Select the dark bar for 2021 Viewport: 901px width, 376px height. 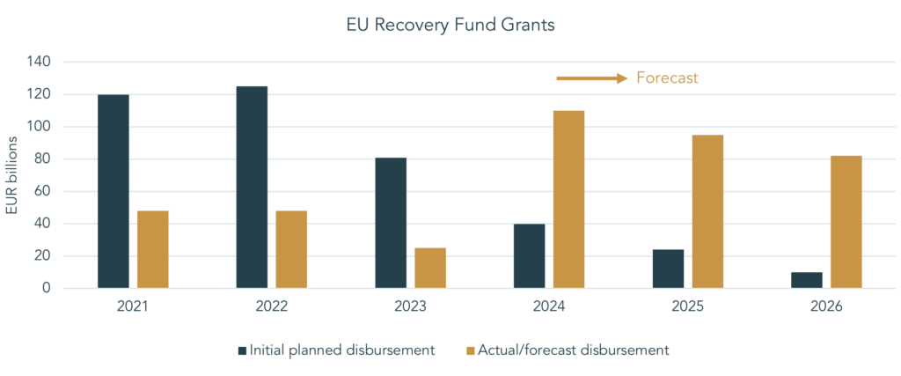[114, 191]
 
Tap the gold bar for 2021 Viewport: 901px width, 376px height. [153, 249]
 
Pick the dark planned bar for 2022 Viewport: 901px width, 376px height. [252, 187]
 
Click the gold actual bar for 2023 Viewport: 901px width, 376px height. [430, 268]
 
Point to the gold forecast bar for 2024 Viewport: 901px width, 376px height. [568, 199]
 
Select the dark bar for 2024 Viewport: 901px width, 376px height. [529, 255]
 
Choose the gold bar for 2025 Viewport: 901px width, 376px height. [707, 211]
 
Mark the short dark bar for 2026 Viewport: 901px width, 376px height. [807, 280]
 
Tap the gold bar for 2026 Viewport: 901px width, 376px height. [846, 222]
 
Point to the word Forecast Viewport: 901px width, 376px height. [667, 78]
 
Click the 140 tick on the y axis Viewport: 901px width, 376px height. [40, 62]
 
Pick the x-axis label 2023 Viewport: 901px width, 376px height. [410, 307]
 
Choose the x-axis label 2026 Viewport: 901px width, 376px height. [826, 307]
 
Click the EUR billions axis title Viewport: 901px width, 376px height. [13, 175]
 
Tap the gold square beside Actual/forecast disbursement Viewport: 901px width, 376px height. [471, 350]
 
